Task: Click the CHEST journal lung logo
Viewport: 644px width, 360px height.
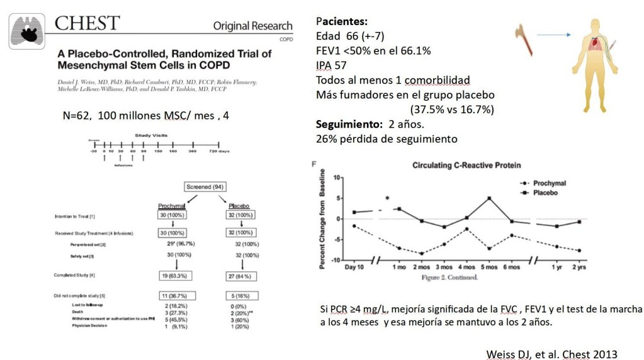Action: click(x=27, y=31)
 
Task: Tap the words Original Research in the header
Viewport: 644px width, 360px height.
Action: click(x=252, y=26)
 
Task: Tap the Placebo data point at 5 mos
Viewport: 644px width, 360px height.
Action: click(x=489, y=198)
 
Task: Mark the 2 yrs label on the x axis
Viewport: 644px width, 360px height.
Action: click(x=578, y=266)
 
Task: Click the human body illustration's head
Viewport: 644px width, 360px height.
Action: click(x=596, y=25)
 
